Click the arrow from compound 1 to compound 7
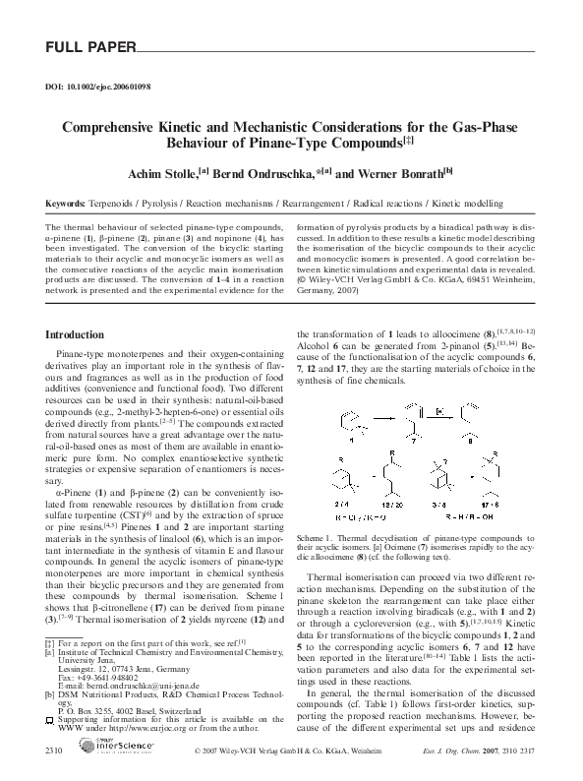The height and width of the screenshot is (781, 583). [379, 421]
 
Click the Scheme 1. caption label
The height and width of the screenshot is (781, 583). [317, 538]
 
